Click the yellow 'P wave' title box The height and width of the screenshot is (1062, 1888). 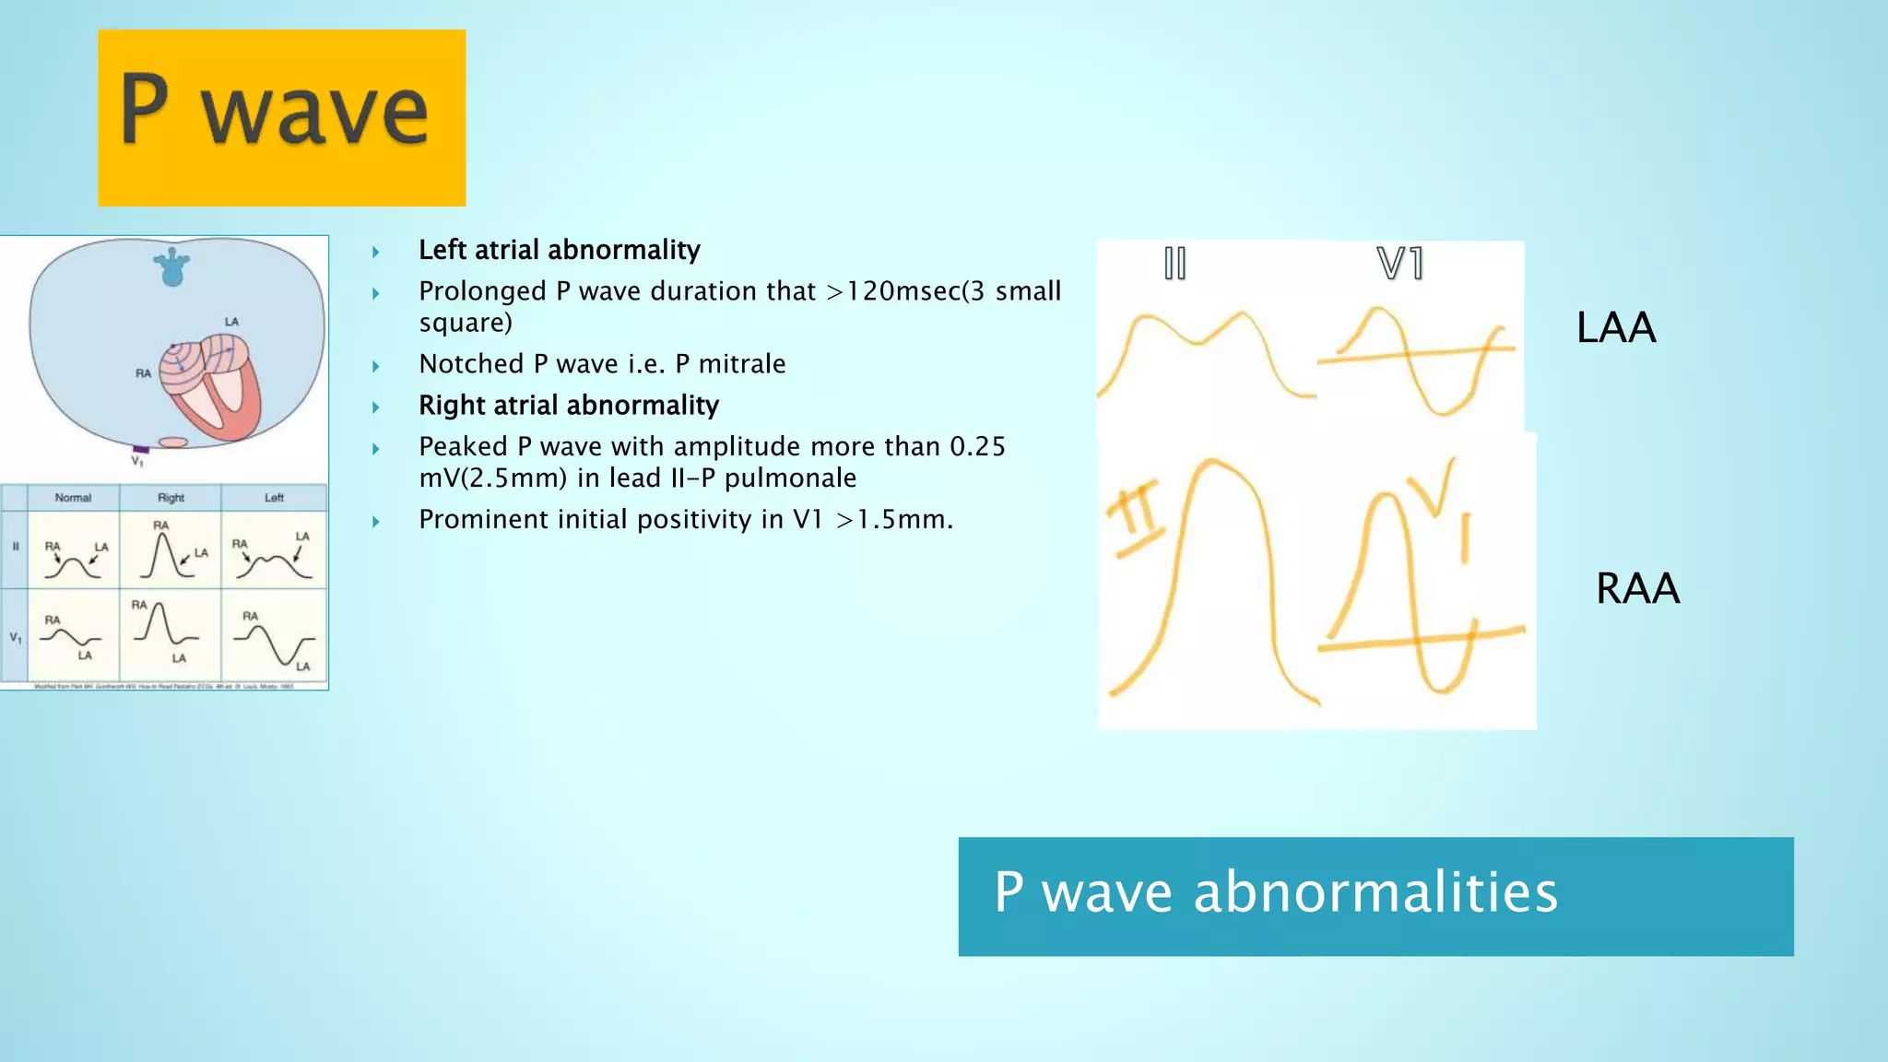point(281,117)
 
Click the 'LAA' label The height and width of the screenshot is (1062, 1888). point(1615,328)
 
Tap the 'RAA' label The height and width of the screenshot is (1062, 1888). point(1637,588)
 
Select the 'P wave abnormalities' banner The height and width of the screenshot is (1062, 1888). point(1375,896)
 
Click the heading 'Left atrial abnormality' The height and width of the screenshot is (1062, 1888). point(559,250)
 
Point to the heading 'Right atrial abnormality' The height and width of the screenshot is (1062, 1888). point(568,406)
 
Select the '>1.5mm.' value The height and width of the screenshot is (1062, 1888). point(894,520)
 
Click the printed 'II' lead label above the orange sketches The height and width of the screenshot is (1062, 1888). point(1174,264)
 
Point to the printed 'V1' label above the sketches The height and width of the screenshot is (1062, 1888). point(1399,264)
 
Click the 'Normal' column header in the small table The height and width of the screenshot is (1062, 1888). point(73,498)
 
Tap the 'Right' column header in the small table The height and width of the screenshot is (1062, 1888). point(171,498)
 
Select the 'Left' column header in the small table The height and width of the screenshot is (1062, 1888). point(274,498)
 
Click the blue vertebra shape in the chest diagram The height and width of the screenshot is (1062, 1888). point(171,268)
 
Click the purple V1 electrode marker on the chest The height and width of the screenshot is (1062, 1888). point(141,449)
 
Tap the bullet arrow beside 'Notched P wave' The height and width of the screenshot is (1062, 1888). point(376,366)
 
